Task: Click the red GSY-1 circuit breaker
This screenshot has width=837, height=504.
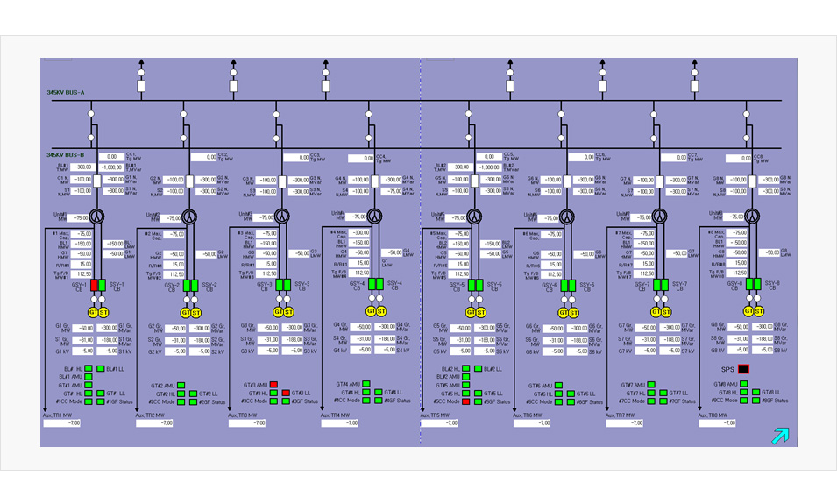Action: click(94, 285)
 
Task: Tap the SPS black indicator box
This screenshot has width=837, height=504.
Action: click(743, 370)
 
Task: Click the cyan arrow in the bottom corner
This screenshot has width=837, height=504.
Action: click(779, 436)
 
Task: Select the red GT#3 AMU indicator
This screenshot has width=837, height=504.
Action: click(274, 385)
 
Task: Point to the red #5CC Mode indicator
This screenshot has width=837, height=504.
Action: click(466, 401)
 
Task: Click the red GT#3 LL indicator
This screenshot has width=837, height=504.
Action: click(286, 394)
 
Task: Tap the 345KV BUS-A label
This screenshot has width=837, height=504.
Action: click(66, 92)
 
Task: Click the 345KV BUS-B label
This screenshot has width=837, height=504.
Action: click(66, 154)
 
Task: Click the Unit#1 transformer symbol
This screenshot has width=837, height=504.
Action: click(99, 216)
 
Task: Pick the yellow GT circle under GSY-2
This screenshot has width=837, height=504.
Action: click(186, 312)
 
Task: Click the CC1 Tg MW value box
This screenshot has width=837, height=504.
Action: click(112, 157)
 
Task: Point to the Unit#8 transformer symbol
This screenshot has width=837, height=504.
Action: click(751, 216)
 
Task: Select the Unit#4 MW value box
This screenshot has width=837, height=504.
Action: click(358, 217)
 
